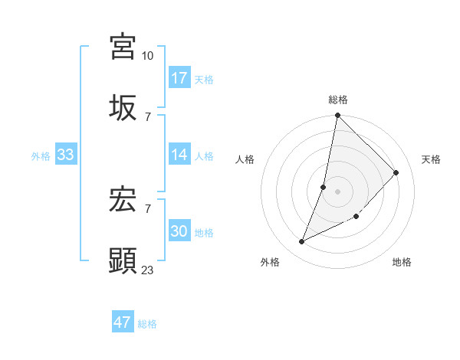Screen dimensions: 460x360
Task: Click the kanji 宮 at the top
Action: [123, 47]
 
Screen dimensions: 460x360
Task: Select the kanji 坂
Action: [123, 107]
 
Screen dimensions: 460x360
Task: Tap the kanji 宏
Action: [123, 200]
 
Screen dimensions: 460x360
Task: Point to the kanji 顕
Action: [123, 260]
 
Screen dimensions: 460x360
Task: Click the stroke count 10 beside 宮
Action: [147, 56]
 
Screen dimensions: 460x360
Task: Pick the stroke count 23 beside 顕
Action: [147, 270]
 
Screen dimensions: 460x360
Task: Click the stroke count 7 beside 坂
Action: [147, 116]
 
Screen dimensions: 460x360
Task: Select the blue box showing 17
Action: [179, 78]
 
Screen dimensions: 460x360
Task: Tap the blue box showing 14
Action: [179, 155]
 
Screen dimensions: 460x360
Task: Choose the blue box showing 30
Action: [179, 231]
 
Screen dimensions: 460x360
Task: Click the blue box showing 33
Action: [66, 155]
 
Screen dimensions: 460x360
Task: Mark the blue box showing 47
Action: [123, 322]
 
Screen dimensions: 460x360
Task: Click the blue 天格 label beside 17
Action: [204, 79]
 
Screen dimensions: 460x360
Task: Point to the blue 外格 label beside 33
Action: [41, 155]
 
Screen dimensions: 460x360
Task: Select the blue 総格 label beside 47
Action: [147, 323]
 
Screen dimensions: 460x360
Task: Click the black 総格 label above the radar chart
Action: [338, 100]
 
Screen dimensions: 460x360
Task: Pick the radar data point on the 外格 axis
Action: [302, 242]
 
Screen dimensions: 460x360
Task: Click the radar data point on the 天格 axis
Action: [396, 172]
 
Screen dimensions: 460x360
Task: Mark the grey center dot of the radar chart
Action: [337, 191]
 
